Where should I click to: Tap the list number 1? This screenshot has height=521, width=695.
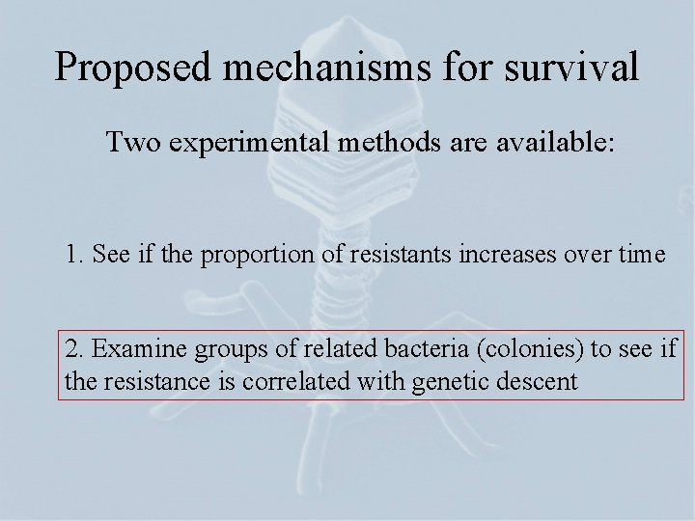coord(72,256)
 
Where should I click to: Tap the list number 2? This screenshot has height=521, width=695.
coord(72,349)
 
